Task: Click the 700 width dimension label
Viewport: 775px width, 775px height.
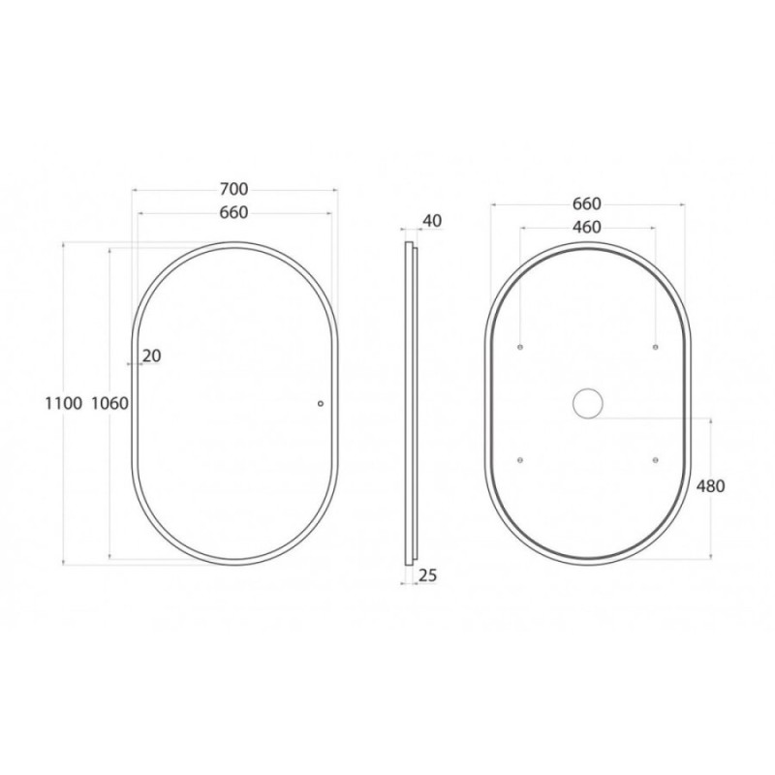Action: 233,189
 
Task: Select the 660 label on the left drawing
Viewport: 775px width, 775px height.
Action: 233,213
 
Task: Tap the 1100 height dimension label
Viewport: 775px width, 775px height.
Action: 64,404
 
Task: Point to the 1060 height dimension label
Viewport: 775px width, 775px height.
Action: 110,404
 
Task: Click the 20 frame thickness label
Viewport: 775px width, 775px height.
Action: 152,356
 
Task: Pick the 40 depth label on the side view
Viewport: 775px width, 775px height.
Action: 432,222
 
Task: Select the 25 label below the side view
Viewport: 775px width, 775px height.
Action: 428,575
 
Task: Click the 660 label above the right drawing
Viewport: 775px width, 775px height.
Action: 587,204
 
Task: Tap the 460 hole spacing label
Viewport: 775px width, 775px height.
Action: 587,228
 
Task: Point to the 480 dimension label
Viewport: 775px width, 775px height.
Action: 711,487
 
